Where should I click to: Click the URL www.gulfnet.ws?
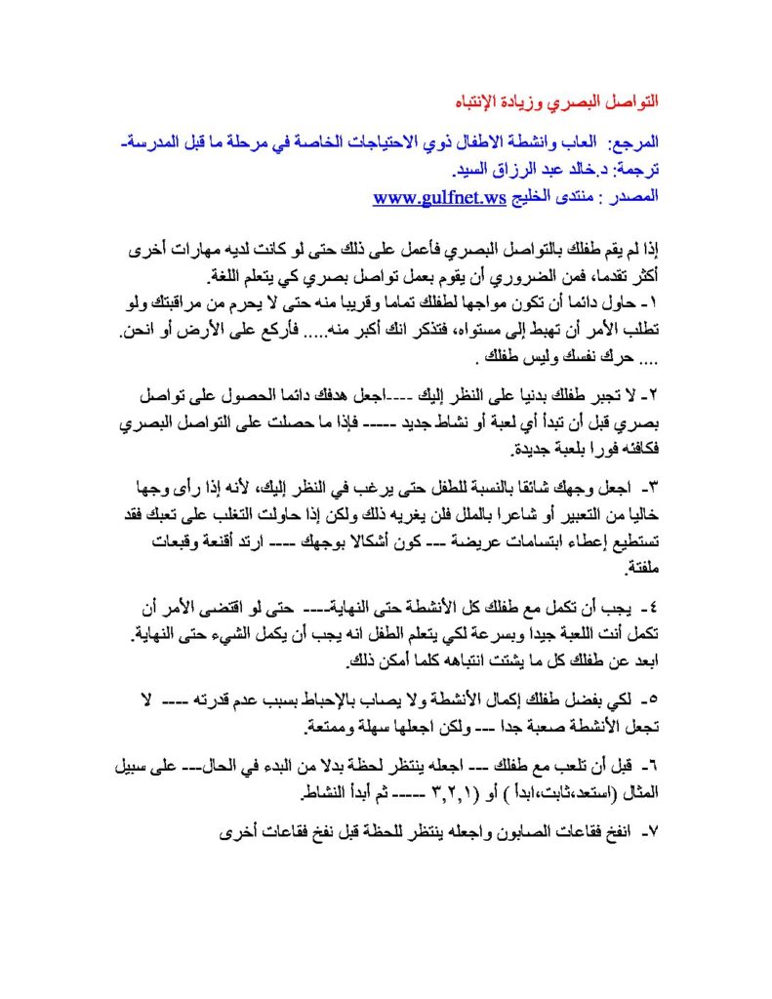point(439,197)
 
